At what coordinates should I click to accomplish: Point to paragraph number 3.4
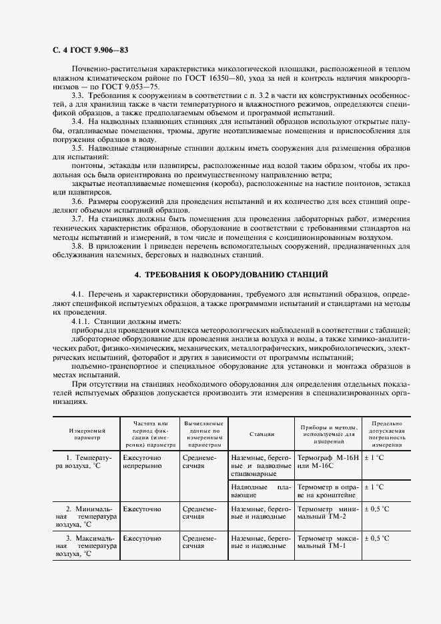[x=78, y=121]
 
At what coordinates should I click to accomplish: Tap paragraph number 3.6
[x=78, y=200]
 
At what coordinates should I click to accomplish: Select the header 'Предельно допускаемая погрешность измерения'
[x=386, y=434]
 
